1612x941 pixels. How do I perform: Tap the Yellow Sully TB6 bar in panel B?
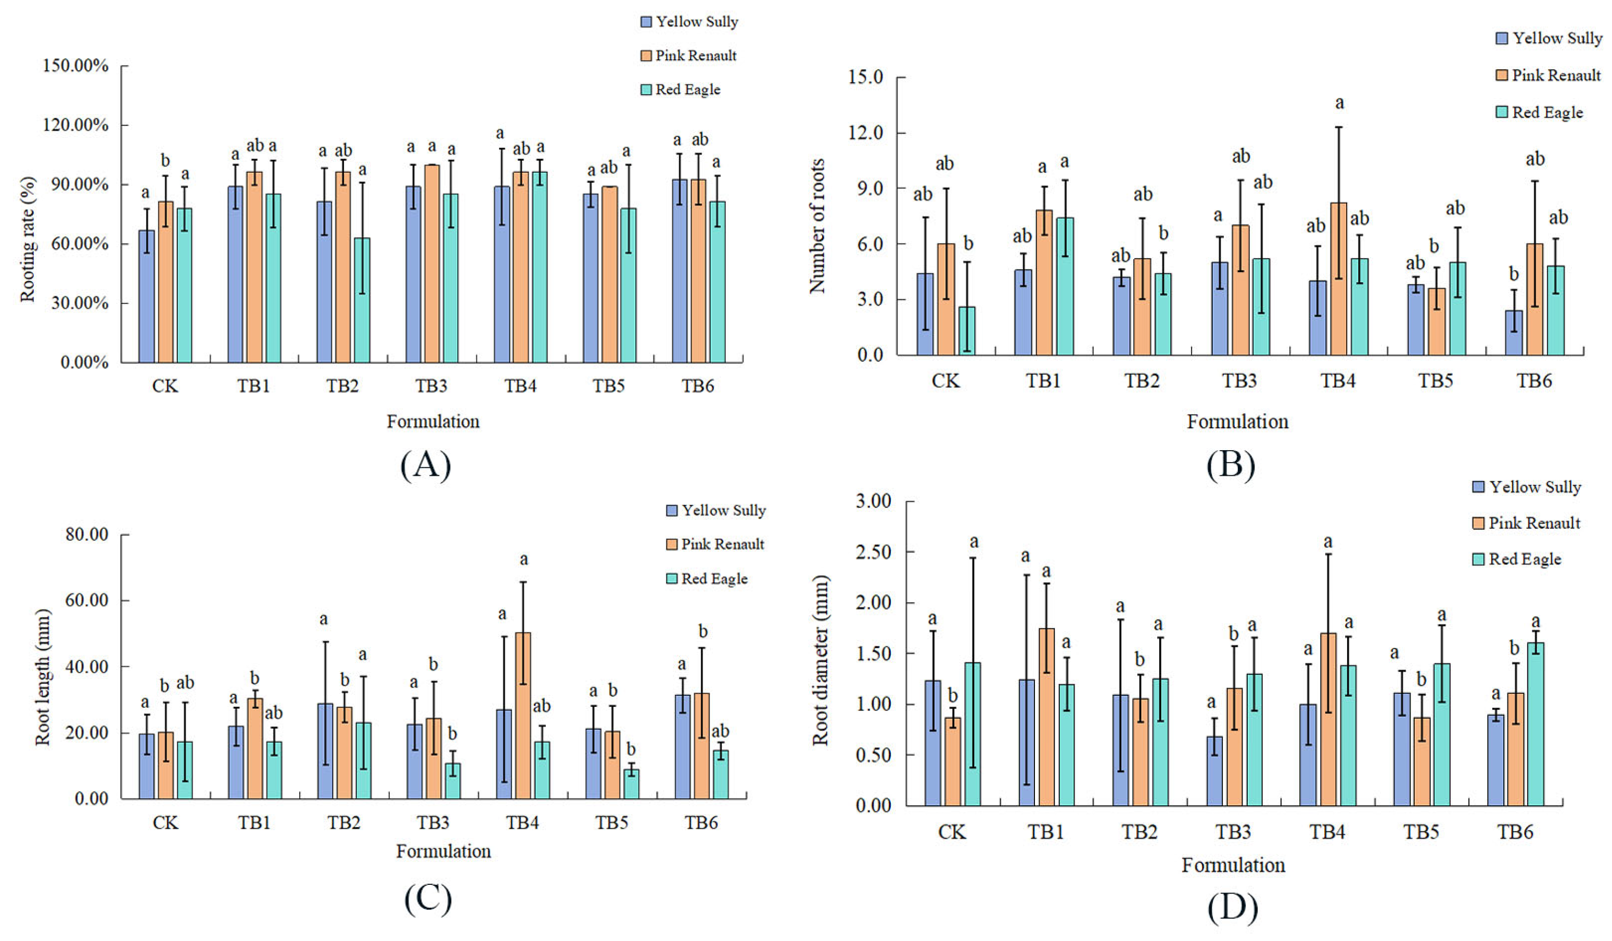tap(1514, 333)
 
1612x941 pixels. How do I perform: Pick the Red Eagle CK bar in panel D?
tap(973, 734)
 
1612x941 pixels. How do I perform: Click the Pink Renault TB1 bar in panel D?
tap(1046, 717)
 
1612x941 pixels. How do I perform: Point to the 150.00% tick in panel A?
tap(75, 66)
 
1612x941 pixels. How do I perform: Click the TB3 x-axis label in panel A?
tap(431, 386)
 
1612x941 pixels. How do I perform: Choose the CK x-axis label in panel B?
tap(945, 382)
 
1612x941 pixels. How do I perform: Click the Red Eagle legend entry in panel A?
tap(681, 90)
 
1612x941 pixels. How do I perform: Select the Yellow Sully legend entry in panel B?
tap(1549, 39)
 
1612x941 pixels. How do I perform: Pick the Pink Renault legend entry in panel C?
tap(715, 544)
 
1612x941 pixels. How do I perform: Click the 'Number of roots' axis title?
tap(817, 226)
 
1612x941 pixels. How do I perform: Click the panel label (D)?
tap(1232, 908)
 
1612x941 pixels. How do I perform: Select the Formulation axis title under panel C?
tap(443, 851)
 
